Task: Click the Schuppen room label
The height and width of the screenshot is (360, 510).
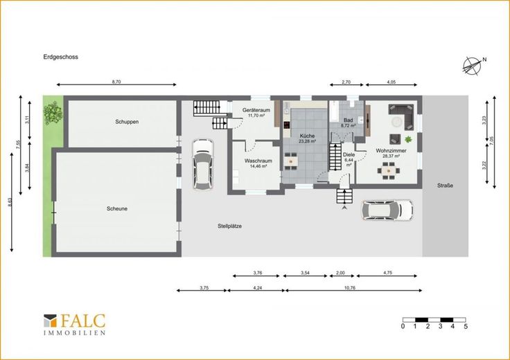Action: (127, 122)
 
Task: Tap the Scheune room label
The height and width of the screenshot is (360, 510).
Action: (117, 208)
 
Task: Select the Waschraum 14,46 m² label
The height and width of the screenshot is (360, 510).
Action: (258, 163)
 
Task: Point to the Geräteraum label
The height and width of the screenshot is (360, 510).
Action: (256, 110)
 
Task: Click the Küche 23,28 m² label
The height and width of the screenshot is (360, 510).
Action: (308, 138)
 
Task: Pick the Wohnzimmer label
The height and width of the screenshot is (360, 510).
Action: (391, 151)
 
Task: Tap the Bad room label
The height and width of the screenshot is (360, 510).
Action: (348, 120)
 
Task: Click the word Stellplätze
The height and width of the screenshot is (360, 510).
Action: (229, 226)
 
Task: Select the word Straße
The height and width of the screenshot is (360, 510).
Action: (445, 186)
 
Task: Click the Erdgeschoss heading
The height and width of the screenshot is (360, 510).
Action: (61, 57)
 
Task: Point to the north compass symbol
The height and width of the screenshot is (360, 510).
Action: (473, 66)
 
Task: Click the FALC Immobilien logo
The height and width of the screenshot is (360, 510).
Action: (74, 324)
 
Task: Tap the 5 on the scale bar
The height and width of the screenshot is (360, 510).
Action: (466, 326)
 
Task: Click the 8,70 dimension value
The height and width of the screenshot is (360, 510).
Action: (116, 82)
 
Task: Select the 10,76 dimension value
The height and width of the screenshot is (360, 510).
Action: (350, 287)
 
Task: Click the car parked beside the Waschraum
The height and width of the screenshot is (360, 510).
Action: (202, 164)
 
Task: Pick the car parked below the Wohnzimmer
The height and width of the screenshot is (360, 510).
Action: (387, 210)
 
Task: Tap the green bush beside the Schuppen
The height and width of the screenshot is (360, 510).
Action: (53, 111)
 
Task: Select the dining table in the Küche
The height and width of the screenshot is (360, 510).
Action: (290, 161)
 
